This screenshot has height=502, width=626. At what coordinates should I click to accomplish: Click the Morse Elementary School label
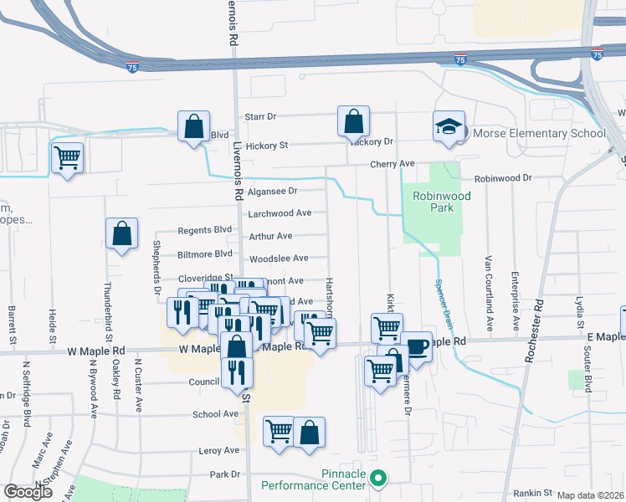point(540,133)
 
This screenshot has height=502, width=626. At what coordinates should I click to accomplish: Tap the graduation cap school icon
point(449,127)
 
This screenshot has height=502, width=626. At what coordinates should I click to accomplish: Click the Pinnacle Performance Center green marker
point(378,479)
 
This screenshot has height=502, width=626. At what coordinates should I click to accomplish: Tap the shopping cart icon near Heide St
point(67,156)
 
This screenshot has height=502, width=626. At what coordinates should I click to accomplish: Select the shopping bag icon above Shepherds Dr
point(122,234)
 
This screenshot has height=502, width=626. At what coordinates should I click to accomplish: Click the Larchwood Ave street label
point(280,213)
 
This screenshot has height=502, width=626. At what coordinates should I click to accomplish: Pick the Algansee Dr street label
point(270,191)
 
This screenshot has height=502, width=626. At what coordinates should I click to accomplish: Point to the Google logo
point(28,492)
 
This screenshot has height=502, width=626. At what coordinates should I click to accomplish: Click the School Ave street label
point(215,414)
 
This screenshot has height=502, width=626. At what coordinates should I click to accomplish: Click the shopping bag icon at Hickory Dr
point(353,120)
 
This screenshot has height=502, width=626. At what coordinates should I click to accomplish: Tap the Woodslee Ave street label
point(279,259)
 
